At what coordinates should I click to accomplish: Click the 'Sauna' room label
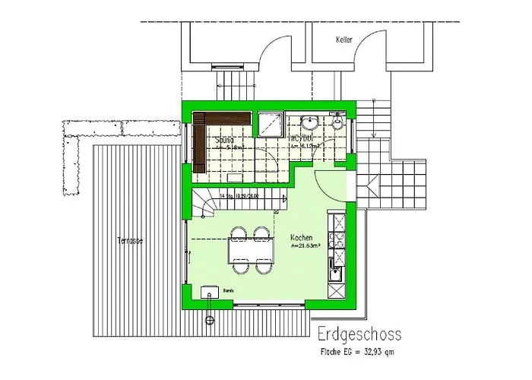225,141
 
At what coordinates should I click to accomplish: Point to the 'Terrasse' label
130,241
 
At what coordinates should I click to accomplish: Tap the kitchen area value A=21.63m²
306,247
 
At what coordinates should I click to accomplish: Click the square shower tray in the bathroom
270,122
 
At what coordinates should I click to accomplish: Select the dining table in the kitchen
250,249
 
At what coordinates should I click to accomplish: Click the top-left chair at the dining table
238,232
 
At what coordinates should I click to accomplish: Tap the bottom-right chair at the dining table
264,267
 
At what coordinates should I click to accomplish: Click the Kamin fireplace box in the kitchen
207,292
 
